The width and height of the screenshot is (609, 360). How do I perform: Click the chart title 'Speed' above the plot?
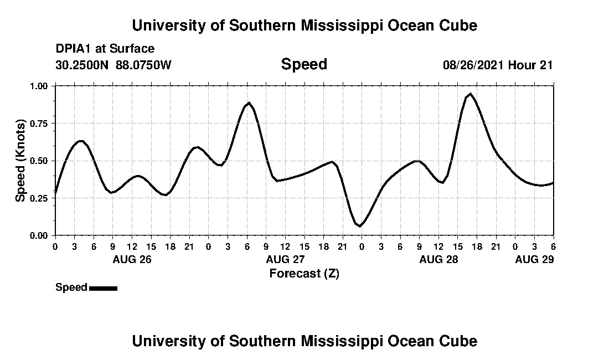(304, 64)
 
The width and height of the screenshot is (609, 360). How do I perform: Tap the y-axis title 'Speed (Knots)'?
(20, 161)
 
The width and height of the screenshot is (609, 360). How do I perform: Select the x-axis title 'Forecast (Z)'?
(304, 273)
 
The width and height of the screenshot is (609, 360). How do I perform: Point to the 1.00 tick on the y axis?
(39, 86)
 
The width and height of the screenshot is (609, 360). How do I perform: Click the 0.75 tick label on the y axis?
(39, 124)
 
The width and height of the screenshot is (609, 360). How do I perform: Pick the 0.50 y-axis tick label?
(39, 161)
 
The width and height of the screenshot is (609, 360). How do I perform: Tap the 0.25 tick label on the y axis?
(39, 198)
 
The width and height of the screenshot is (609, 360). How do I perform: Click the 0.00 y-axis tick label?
(39, 235)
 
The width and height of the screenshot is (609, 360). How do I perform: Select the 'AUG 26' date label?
(132, 259)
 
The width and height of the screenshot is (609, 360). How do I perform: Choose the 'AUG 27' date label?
(285, 259)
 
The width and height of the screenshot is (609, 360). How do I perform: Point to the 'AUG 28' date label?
(438, 259)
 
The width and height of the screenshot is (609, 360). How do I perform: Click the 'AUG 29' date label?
(534, 259)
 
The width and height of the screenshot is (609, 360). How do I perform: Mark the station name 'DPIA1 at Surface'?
(105, 49)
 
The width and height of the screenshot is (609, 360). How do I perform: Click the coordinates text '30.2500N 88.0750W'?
(113, 65)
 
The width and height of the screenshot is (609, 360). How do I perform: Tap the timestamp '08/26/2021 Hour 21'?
(498, 65)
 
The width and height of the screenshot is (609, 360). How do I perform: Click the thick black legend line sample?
(103, 288)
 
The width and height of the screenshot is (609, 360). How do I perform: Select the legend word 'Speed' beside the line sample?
(71, 287)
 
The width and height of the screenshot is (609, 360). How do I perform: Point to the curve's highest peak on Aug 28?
(470, 94)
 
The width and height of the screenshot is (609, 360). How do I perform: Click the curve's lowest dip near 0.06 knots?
(359, 226)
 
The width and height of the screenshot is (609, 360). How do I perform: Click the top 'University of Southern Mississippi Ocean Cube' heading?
(304, 25)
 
